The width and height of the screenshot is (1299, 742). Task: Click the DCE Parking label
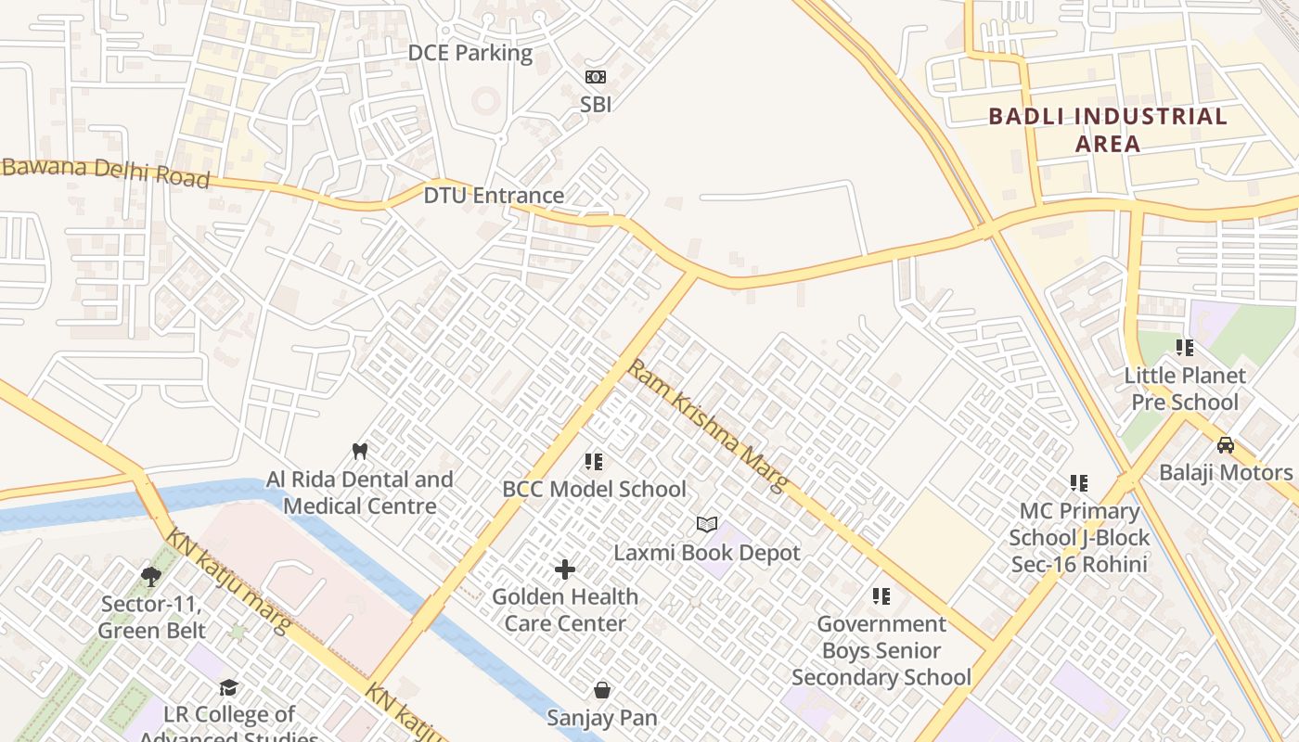click(470, 53)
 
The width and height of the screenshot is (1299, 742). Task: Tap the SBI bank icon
click(595, 77)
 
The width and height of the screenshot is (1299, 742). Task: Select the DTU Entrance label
click(494, 196)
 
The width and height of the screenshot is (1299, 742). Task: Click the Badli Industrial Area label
click(1108, 130)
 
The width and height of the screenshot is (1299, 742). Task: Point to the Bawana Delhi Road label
click(106, 173)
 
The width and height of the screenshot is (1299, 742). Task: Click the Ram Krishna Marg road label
click(708, 426)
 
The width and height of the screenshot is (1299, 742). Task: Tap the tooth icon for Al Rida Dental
click(361, 451)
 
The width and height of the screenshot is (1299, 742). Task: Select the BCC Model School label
click(594, 489)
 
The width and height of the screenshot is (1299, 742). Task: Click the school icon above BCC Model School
click(594, 461)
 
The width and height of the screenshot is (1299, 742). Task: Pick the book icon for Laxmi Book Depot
click(707, 525)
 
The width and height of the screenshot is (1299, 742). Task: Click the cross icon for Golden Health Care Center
click(565, 569)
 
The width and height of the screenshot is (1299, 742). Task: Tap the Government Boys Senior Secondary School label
click(881, 651)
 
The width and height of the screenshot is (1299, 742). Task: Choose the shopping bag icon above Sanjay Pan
click(602, 690)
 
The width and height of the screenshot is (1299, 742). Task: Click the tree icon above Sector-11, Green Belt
click(150, 577)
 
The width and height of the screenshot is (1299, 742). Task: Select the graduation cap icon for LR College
click(228, 687)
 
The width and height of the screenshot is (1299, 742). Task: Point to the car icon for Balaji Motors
click(1226, 445)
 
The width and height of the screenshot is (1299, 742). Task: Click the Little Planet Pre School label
click(1185, 389)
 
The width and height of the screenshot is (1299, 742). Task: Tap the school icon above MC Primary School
click(1079, 483)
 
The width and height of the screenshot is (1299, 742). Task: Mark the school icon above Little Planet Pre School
click(1185, 348)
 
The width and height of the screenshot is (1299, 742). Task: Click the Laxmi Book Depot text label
click(707, 554)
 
